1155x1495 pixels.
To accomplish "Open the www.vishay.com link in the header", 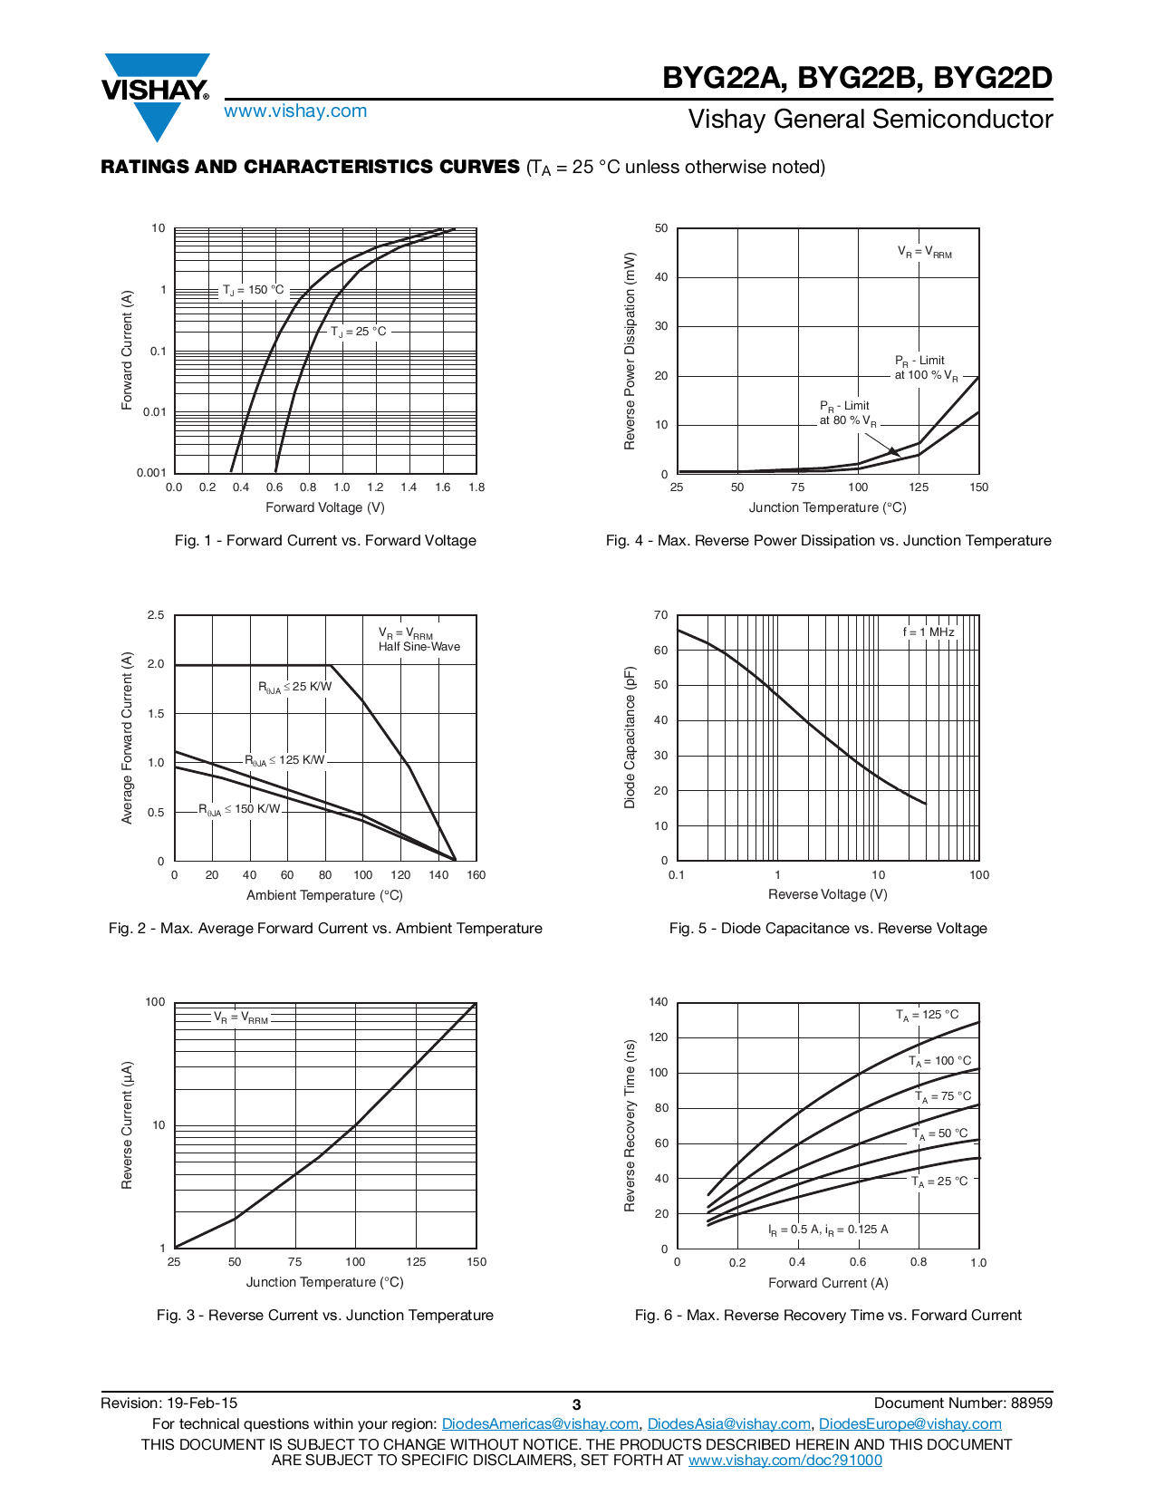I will click(295, 111).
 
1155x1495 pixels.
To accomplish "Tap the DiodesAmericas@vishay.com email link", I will click(540, 1423).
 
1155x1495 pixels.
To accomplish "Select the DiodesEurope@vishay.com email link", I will click(910, 1423).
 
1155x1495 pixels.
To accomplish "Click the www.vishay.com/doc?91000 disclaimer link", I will click(784, 1460).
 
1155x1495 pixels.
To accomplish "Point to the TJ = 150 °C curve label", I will click(254, 290).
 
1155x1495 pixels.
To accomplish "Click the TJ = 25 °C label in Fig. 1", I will click(359, 332).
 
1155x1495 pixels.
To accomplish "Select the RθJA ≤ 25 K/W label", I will click(295, 687).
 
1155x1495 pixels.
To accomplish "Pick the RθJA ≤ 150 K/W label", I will click(240, 809).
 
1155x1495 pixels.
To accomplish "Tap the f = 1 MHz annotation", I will click(929, 632).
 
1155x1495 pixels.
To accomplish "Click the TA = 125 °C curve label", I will click(927, 1015).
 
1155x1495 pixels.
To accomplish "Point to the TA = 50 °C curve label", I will click(939, 1133).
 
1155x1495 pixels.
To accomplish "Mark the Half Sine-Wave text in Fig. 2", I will click(419, 647).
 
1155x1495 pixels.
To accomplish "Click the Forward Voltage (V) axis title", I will click(325, 507).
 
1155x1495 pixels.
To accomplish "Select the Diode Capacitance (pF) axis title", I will click(630, 738).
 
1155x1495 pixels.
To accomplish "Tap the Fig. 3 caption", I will click(325, 1315).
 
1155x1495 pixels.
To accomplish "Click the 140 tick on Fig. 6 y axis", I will click(659, 1002).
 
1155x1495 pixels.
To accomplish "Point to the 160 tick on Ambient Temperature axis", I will click(476, 875).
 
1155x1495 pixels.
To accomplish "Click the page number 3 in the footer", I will click(576, 1404).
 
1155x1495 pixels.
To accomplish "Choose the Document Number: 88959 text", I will click(963, 1403).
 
